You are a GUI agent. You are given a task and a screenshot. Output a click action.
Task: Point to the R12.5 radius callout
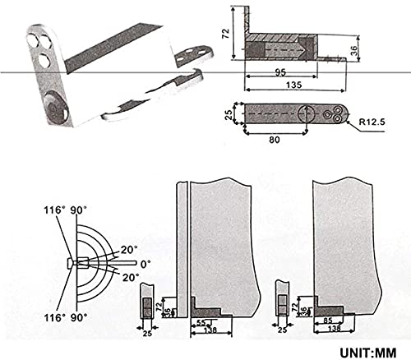[x=372, y=124]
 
